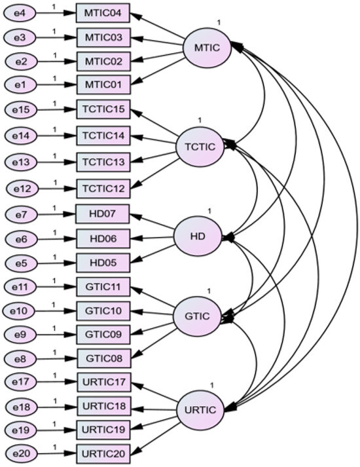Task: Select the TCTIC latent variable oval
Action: [x=200, y=145]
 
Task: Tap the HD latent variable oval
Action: [x=198, y=236]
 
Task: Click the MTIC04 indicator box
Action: [x=103, y=14]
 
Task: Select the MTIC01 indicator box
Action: [x=103, y=85]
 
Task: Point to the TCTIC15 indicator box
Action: [x=103, y=109]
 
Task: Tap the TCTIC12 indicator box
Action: [x=103, y=188]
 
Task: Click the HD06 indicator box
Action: [x=103, y=238]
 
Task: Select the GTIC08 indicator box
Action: [x=103, y=359]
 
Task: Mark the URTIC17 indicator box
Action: [x=103, y=381]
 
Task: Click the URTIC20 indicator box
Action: [x=103, y=453]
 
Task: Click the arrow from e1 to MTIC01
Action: [x=56, y=85]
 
